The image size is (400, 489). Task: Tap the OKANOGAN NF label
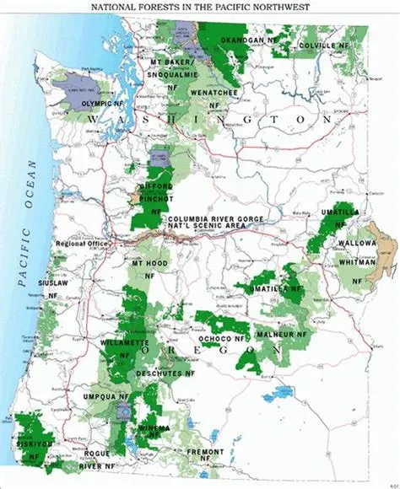pos(250,40)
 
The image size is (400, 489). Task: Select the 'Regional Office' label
pos(78,244)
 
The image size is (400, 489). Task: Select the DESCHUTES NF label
pos(168,368)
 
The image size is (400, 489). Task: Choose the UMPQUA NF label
pos(106,395)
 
